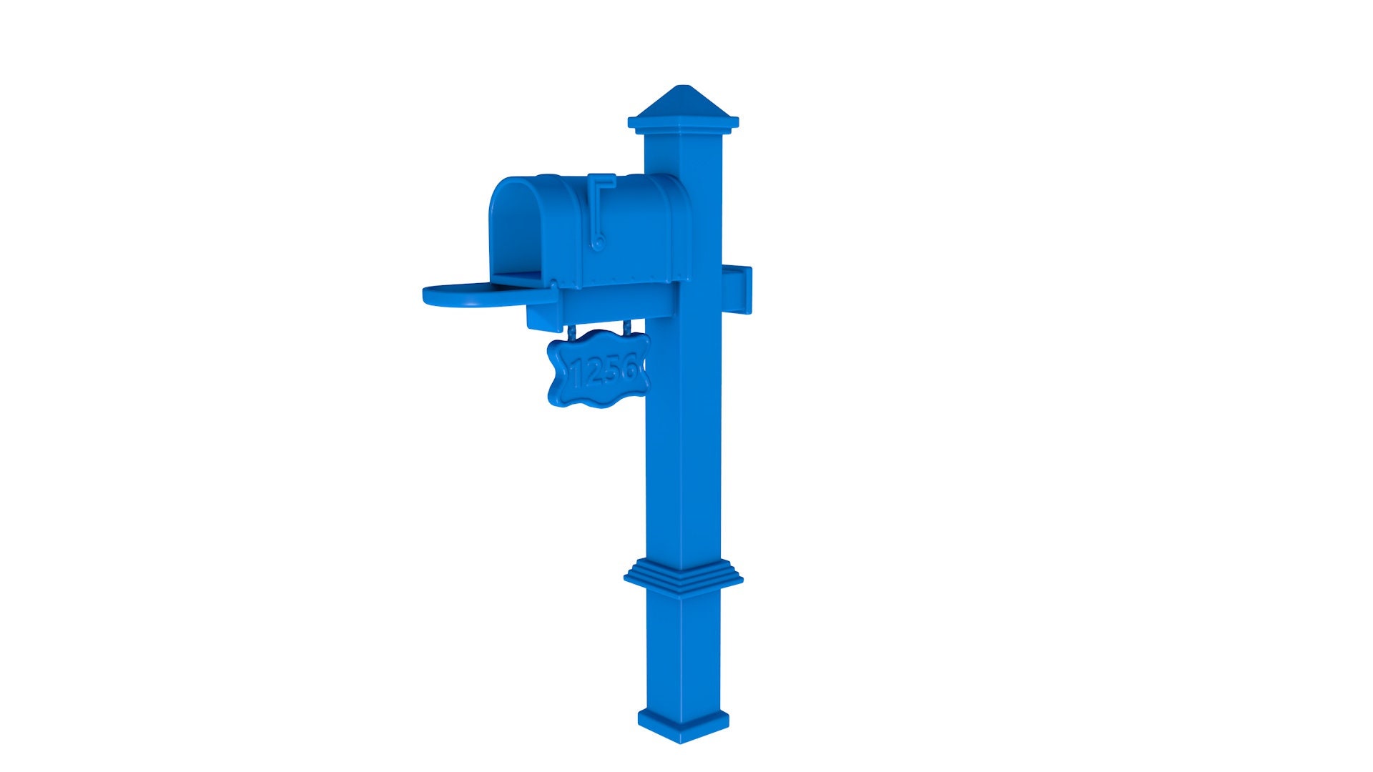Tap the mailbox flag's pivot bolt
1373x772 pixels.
click(599, 243)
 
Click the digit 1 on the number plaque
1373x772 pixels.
click(577, 373)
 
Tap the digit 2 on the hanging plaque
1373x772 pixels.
click(594, 372)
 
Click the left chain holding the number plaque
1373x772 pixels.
click(571, 333)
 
